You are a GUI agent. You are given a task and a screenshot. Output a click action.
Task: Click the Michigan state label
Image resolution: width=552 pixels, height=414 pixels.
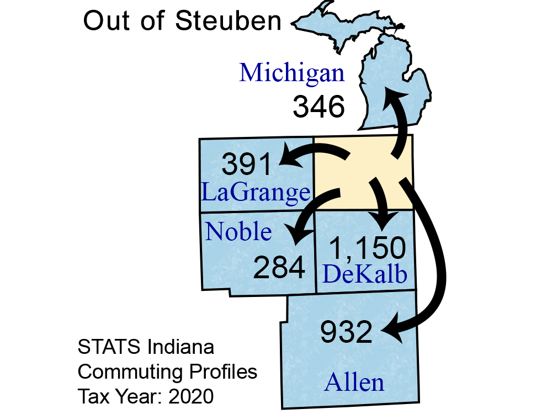[x=292, y=73]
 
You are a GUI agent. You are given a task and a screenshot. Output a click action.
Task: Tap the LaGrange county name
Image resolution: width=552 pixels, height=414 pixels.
[x=255, y=193]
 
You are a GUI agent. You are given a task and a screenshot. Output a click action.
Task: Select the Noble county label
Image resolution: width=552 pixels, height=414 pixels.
[x=238, y=232]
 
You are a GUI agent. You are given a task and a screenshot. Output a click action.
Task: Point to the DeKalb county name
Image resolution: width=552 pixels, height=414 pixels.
[x=365, y=274]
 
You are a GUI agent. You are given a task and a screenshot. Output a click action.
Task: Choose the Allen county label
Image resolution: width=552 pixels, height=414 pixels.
[x=354, y=382]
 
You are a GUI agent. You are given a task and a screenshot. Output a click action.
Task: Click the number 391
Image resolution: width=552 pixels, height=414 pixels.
[x=248, y=165]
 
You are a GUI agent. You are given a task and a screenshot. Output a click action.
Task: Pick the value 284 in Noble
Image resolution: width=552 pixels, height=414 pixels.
[x=279, y=268]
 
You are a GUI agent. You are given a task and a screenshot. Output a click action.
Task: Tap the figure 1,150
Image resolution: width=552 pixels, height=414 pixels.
[x=368, y=249]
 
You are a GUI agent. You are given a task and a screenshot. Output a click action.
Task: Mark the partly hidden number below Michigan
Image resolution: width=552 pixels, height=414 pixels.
[x=318, y=107]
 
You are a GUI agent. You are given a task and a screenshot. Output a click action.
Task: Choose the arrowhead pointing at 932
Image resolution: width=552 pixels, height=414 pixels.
[x=390, y=332]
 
